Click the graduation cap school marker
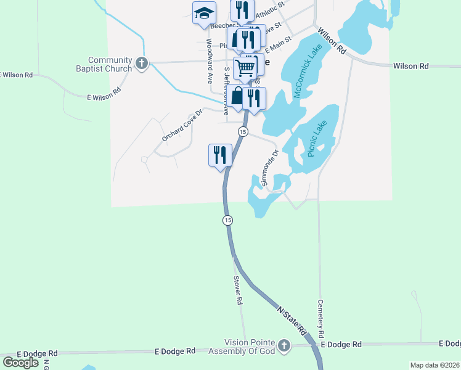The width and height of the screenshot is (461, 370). pyautogui.click(x=205, y=14)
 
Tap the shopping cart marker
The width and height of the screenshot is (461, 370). pyautogui.click(x=245, y=68)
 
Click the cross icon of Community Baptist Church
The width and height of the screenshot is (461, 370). pyautogui.click(x=142, y=64)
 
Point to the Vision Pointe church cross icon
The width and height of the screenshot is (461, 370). pyautogui.click(x=284, y=346)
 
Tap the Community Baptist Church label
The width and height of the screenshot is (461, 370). pyautogui.click(x=110, y=64)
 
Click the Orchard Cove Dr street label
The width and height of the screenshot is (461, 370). pyautogui.click(x=182, y=126)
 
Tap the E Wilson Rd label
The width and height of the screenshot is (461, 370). pyautogui.click(x=104, y=94)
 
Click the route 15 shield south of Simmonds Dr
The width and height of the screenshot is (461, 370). pyautogui.click(x=228, y=220)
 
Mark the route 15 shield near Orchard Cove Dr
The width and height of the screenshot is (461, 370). pyautogui.click(x=243, y=132)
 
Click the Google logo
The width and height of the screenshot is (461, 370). pyautogui.click(x=20, y=363)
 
